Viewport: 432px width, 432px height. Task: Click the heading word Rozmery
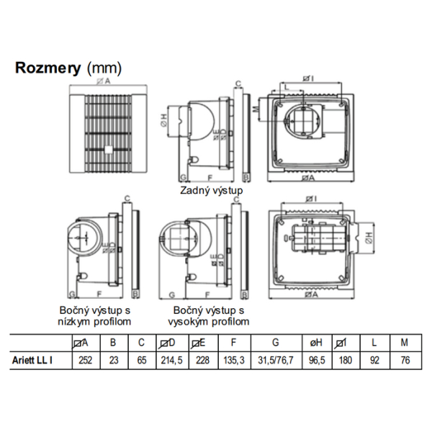48,68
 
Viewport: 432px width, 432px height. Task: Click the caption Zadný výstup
212,191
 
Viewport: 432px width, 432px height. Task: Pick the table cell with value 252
85,359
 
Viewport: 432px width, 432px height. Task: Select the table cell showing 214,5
167,359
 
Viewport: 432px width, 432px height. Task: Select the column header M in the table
403,342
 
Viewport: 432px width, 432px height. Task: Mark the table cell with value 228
202,359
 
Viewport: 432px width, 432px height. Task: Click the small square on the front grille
107,150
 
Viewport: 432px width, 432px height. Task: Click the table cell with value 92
375,359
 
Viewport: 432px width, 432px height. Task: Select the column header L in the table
375,342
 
